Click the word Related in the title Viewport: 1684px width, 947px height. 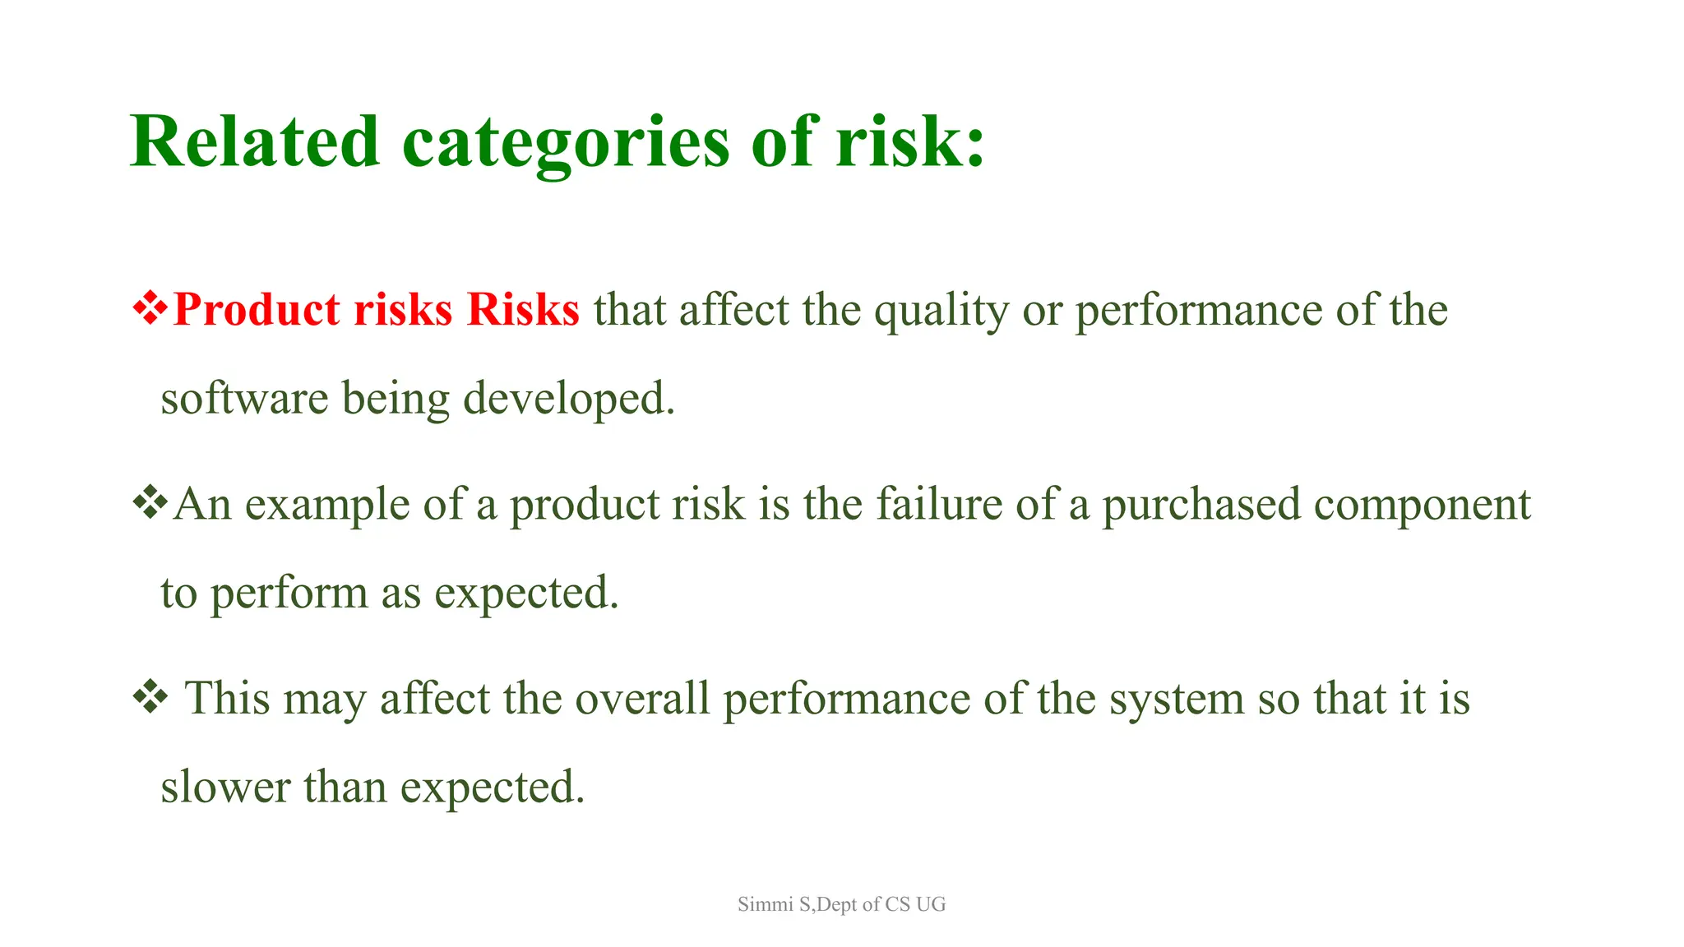[x=254, y=141]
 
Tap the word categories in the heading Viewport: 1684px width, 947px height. [x=566, y=141]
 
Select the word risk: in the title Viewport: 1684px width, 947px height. [x=910, y=141]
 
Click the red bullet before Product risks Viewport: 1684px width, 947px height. [x=150, y=310]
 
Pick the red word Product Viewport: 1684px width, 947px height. [x=257, y=310]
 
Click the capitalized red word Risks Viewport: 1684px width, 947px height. [x=523, y=310]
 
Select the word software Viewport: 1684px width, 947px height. [x=244, y=399]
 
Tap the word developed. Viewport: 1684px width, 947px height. [x=568, y=399]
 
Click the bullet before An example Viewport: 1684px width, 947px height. [x=150, y=503]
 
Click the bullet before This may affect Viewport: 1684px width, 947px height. [x=150, y=698]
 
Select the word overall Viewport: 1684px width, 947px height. [x=642, y=699]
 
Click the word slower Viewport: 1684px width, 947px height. [x=225, y=788]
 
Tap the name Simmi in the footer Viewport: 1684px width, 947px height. [x=765, y=904]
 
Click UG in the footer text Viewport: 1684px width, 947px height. [x=931, y=904]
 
